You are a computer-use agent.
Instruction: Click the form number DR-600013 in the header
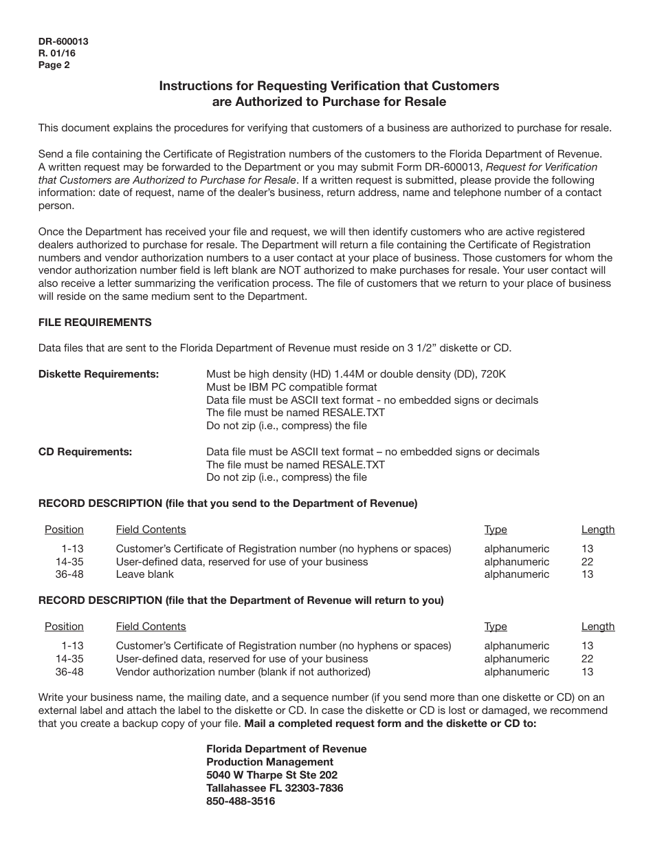63,41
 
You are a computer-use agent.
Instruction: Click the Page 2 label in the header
54,65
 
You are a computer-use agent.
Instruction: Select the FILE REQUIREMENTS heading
95,322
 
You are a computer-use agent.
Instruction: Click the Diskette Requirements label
98,374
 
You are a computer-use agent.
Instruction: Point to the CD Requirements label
85,452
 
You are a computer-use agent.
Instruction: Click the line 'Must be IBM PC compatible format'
291,387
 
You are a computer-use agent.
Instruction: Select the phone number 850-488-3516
241,801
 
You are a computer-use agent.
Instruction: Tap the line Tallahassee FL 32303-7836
274,788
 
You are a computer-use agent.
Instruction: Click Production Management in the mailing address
269,762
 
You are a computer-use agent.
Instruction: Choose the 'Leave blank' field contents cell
144,574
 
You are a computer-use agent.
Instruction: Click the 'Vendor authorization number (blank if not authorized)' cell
243,671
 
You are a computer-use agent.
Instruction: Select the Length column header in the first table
597,530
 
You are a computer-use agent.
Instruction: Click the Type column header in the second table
495,627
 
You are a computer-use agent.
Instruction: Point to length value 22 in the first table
587,562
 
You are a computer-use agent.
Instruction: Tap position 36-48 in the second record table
69,671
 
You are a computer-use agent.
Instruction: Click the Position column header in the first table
64,530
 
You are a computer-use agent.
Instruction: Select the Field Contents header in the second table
151,627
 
